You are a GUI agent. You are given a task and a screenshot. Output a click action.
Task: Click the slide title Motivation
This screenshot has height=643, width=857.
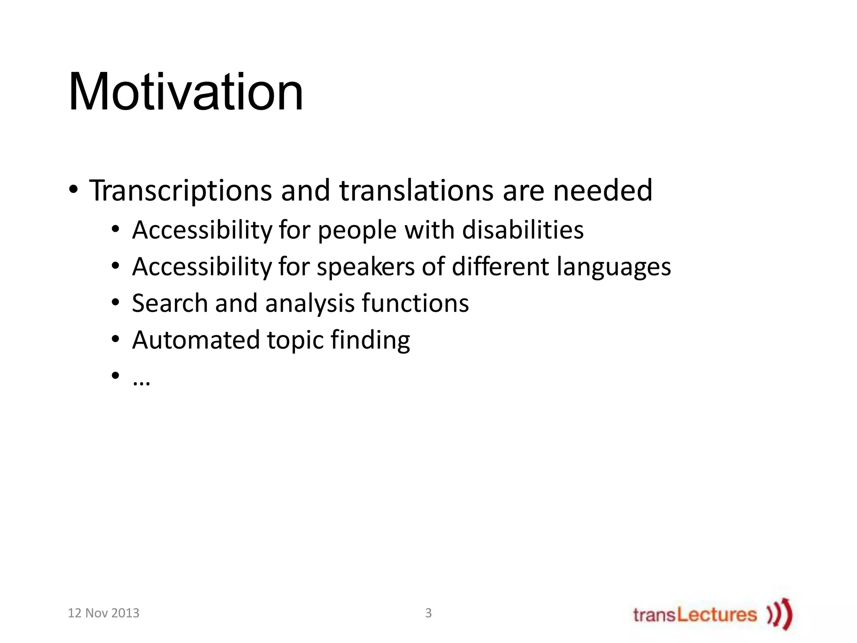[185, 92]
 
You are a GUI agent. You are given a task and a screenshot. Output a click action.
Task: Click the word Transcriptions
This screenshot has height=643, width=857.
[180, 191]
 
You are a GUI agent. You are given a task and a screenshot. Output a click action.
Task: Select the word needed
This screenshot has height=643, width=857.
[603, 191]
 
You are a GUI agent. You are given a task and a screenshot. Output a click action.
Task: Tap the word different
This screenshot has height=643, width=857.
[500, 266]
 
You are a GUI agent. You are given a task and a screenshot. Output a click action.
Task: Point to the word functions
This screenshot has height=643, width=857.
[415, 303]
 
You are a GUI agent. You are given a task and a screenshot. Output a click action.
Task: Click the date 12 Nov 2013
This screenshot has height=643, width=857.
[103, 613]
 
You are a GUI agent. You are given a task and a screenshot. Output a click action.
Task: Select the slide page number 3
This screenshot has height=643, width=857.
[428, 613]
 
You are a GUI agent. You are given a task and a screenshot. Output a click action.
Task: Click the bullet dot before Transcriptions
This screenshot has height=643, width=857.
[73, 191]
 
